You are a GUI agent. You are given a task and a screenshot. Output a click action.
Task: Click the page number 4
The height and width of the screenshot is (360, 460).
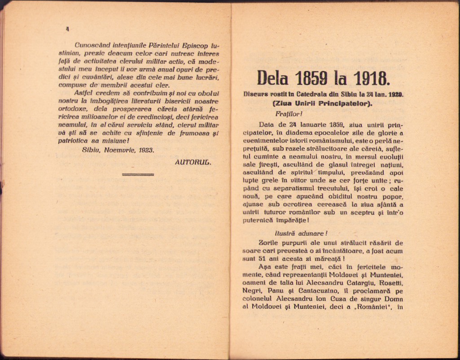pos(67,29)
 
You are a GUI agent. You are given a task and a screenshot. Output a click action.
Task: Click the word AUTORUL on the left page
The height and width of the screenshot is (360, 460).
pos(193,162)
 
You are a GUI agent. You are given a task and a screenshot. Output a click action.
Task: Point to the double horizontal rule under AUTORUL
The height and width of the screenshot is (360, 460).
pos(138,174)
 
